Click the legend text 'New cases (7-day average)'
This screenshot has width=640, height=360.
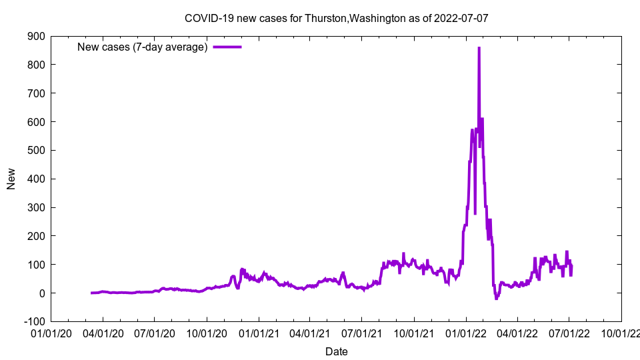tap(143, 47)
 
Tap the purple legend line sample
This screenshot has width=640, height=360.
tap(227, 47)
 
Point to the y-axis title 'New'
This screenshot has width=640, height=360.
tap(11, 179)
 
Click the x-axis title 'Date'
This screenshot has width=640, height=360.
tap(336, 351)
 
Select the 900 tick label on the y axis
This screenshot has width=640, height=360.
tap(36, 36)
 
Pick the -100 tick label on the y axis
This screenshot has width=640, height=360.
tap(34, 322)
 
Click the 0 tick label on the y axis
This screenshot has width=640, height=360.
tap(41, 293)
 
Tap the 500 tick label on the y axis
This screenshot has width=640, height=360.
tap(36, 150)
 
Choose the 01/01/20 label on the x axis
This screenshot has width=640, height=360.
tap(51, 333)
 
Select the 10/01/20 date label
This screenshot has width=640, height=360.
tap(207, 333)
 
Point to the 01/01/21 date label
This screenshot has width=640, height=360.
tap(259, 333)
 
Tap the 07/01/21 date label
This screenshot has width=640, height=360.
tap(362, 333)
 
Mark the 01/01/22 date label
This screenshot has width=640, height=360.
tap(465, 333)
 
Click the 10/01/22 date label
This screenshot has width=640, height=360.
tap(621, 333)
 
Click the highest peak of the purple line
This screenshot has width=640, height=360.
tap(479, 48)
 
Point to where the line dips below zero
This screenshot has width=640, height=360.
tap(496, 298)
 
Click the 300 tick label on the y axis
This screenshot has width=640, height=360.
tap(36, 207)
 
